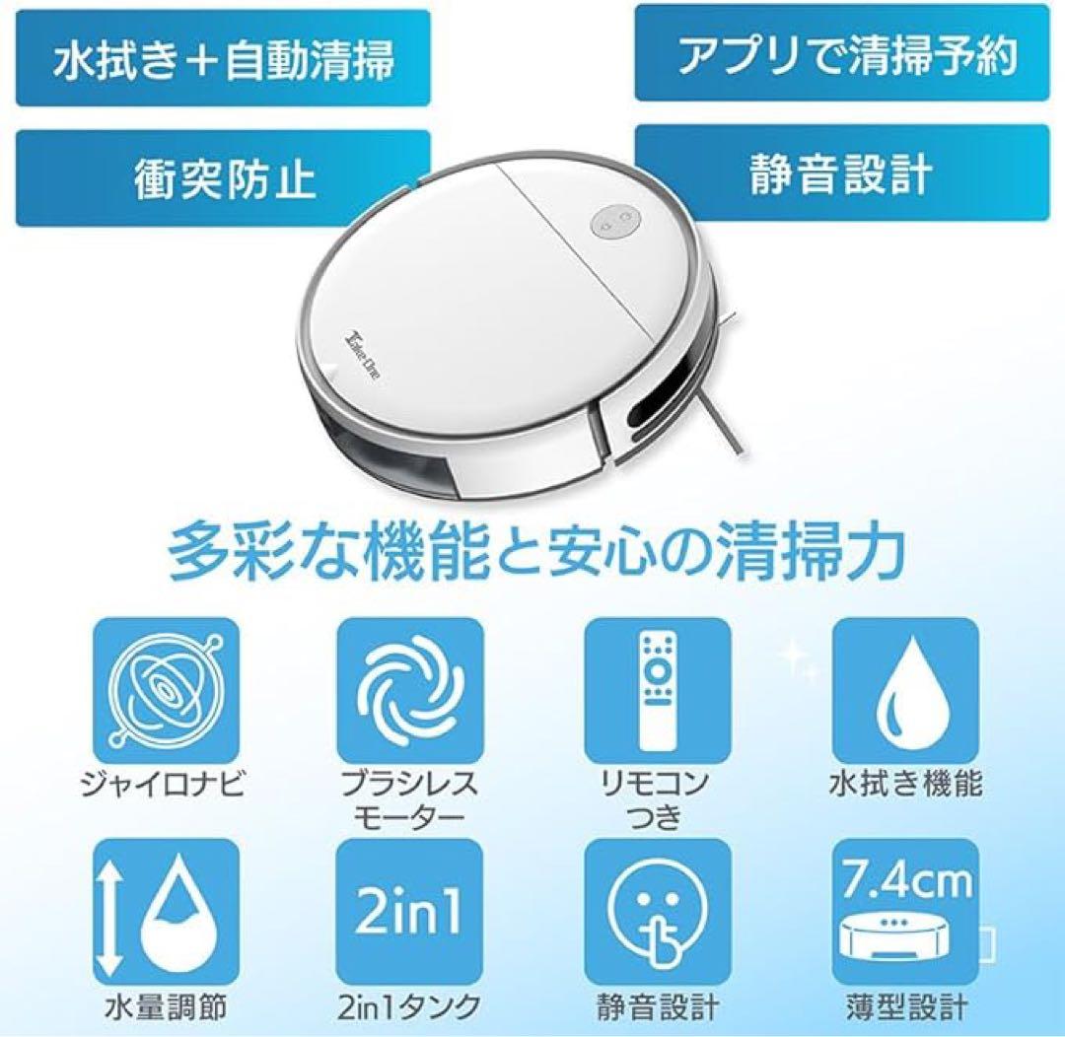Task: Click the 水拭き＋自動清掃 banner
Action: (x=223, y=58)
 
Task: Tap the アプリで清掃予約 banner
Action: (x=842, y=53)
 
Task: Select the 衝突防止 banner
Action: (x=223, y=178)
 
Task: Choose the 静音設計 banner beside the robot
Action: (x=842, y=173)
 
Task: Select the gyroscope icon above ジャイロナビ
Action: (x=167, y=690)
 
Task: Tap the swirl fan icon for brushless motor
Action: (x=410, y=690)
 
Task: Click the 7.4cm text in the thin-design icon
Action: (x=905, y=879)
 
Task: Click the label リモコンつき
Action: (x=656, y=800)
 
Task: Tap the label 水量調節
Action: (x=166, y=1007)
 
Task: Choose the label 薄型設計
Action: (x=906, y=1007)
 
